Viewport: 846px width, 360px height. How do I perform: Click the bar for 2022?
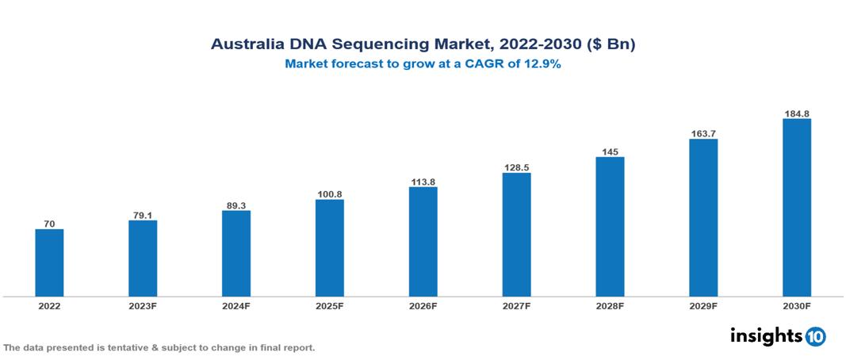49,262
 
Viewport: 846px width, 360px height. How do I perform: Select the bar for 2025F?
330,247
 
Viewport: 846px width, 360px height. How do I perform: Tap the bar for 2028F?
610,226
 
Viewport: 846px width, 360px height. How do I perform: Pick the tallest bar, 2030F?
797,207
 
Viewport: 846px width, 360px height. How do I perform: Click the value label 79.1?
143,213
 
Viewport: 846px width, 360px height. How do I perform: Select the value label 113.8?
423,182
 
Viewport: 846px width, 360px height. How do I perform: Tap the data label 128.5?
517,167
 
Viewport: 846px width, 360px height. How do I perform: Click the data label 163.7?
703,132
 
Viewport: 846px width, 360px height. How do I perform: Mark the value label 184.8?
797,113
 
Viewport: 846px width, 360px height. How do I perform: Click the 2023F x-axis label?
143,305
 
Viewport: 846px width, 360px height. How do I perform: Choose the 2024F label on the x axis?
236,305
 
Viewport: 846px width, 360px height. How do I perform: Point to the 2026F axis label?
423,305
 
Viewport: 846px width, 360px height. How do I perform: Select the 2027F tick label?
517,305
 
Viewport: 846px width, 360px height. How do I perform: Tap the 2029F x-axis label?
703,305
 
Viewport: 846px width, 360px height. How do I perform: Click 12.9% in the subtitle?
542,65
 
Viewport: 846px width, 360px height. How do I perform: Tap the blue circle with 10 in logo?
815,336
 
